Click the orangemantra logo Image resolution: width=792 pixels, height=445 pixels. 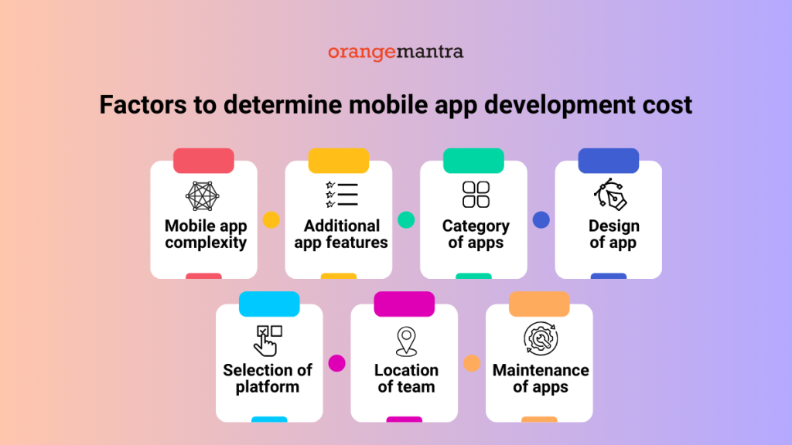[x=395, y=53]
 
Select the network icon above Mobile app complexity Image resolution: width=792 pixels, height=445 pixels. [x=203, y=196]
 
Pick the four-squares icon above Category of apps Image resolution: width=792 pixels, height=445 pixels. [x=476, y=195]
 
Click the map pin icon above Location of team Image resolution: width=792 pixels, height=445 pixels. [x=405, y=341]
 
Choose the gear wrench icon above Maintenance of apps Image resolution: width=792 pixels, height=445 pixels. [x=539, y=338]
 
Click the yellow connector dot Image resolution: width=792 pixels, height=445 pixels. [x=271, y=220]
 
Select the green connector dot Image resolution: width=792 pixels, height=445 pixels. [x=406, y=220]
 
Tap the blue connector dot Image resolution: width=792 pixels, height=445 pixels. [x=541, y=220]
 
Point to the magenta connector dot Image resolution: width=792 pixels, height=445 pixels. [x=336, y=363]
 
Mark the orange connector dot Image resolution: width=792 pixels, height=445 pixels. [x=472, y=363]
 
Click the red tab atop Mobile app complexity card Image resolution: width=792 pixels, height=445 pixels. [x=203, y=160]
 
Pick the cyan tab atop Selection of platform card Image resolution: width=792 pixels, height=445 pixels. [x=268, y=304]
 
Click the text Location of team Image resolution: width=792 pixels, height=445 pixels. [x=406, y=379]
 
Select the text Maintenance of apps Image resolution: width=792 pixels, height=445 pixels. [x=540, y=379]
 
